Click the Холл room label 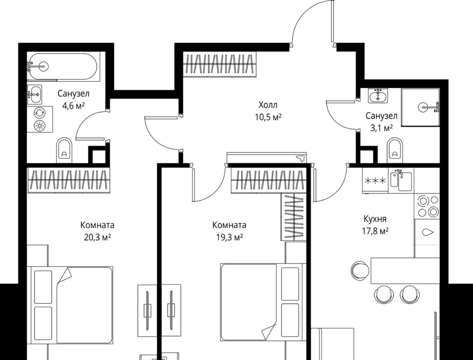[x=268, y=105]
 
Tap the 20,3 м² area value [x=97, y=237]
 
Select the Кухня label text [x=375, y=219]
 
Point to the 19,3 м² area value [x=230, y=237]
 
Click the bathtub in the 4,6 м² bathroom [x=62, y=66]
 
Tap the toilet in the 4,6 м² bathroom [x=64, y=150]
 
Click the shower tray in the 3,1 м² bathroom [x=420, y=107]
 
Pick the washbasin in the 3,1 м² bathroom [x=377, y=96]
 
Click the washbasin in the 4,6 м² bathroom [x=34, y=95]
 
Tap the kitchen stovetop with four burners [x=427, y=206]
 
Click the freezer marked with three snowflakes [x=375, y=180]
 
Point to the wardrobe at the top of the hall [x=219, y=65]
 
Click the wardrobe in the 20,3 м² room [x=69, y=180]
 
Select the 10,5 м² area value [x=268, y=117]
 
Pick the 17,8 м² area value [x=375, y=231]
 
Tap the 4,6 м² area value [x=73, y=106]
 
